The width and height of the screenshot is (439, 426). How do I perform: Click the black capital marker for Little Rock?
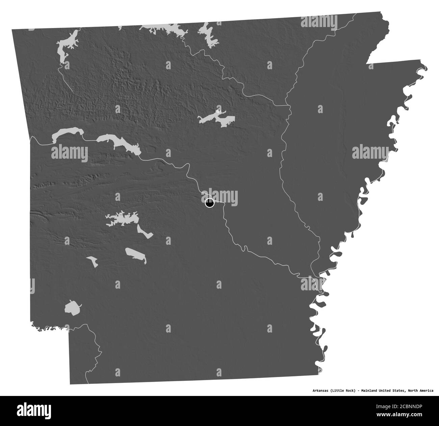tap(209, 204)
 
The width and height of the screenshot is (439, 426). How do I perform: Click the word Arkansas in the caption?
tap(321, 391)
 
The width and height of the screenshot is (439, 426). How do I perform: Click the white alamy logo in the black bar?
tap(37, 411)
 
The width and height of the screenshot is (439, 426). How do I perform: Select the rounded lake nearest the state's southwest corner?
tap(73, 308)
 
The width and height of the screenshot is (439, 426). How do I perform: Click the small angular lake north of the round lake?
tap(92, 261)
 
